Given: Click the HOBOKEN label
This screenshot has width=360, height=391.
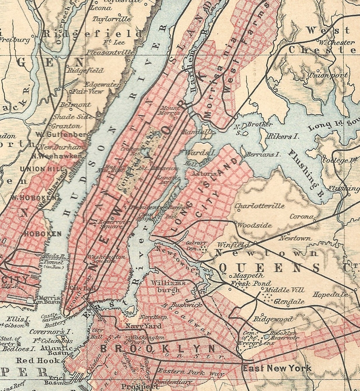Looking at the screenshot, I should [43, 234].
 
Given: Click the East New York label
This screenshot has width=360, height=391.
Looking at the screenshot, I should [277, 368].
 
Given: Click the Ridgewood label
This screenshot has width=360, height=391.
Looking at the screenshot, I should [273, 319].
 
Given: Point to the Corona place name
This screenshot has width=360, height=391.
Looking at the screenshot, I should [302, 217].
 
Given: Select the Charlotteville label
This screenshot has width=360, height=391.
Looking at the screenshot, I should [260, 206].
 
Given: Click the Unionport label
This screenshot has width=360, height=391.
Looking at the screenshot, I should [328, 75].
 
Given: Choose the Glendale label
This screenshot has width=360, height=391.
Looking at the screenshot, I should [289, 302].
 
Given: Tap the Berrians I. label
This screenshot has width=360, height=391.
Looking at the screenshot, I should [263, 155].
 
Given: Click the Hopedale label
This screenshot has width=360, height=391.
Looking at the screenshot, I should [330, 294].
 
